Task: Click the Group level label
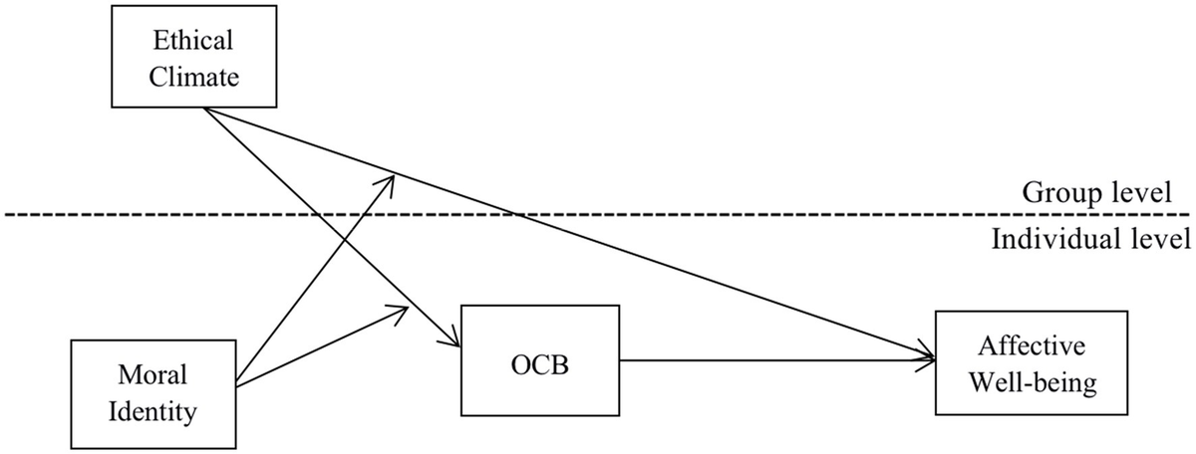click(x=1095, y=193)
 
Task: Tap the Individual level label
click(x=1091, y=239)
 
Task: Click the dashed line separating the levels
click(x=598, y=214)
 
